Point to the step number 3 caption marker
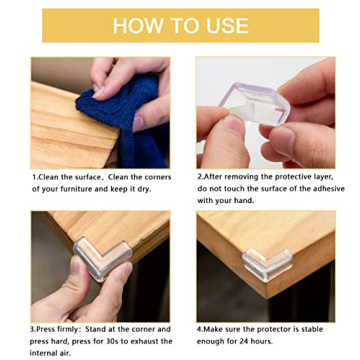click(34, 328)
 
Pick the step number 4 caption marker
click(198, 328)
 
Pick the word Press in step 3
click(49, 328)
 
